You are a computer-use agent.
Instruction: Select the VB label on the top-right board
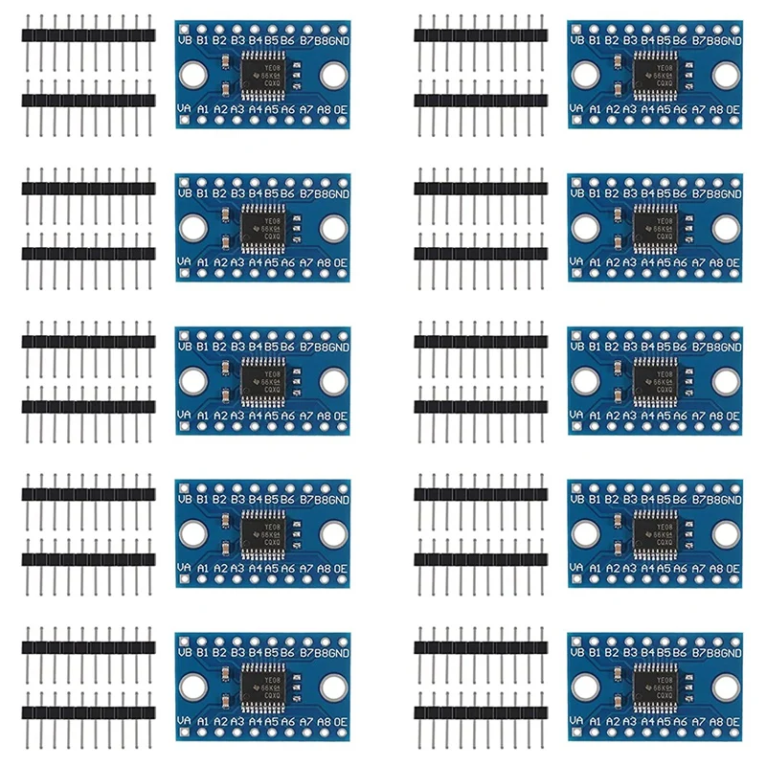(x=575, y=40)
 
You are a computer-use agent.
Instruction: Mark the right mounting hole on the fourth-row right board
(x=726, y=534)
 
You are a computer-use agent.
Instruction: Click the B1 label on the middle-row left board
(x=202, y=347)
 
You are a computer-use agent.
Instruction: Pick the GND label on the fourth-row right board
(x=731, y=500)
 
